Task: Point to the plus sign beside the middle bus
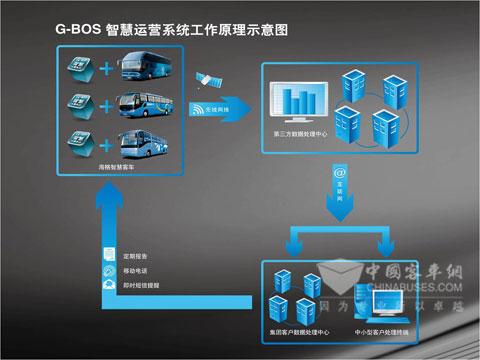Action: [106, 104]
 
